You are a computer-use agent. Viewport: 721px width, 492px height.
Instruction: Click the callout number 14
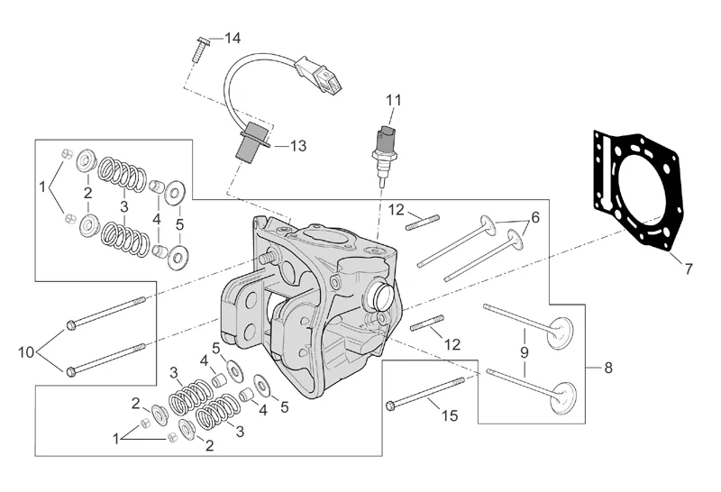[x=233, y=38]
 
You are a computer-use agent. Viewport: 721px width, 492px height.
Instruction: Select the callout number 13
[x=298, y=146]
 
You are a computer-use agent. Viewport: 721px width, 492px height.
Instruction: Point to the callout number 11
[x=393, y=100]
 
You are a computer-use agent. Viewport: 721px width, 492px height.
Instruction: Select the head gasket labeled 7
[x=636, y=193]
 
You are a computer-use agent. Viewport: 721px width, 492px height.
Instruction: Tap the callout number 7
[x=688, y=269]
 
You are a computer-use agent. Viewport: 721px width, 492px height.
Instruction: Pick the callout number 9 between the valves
[x=525, y=352]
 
